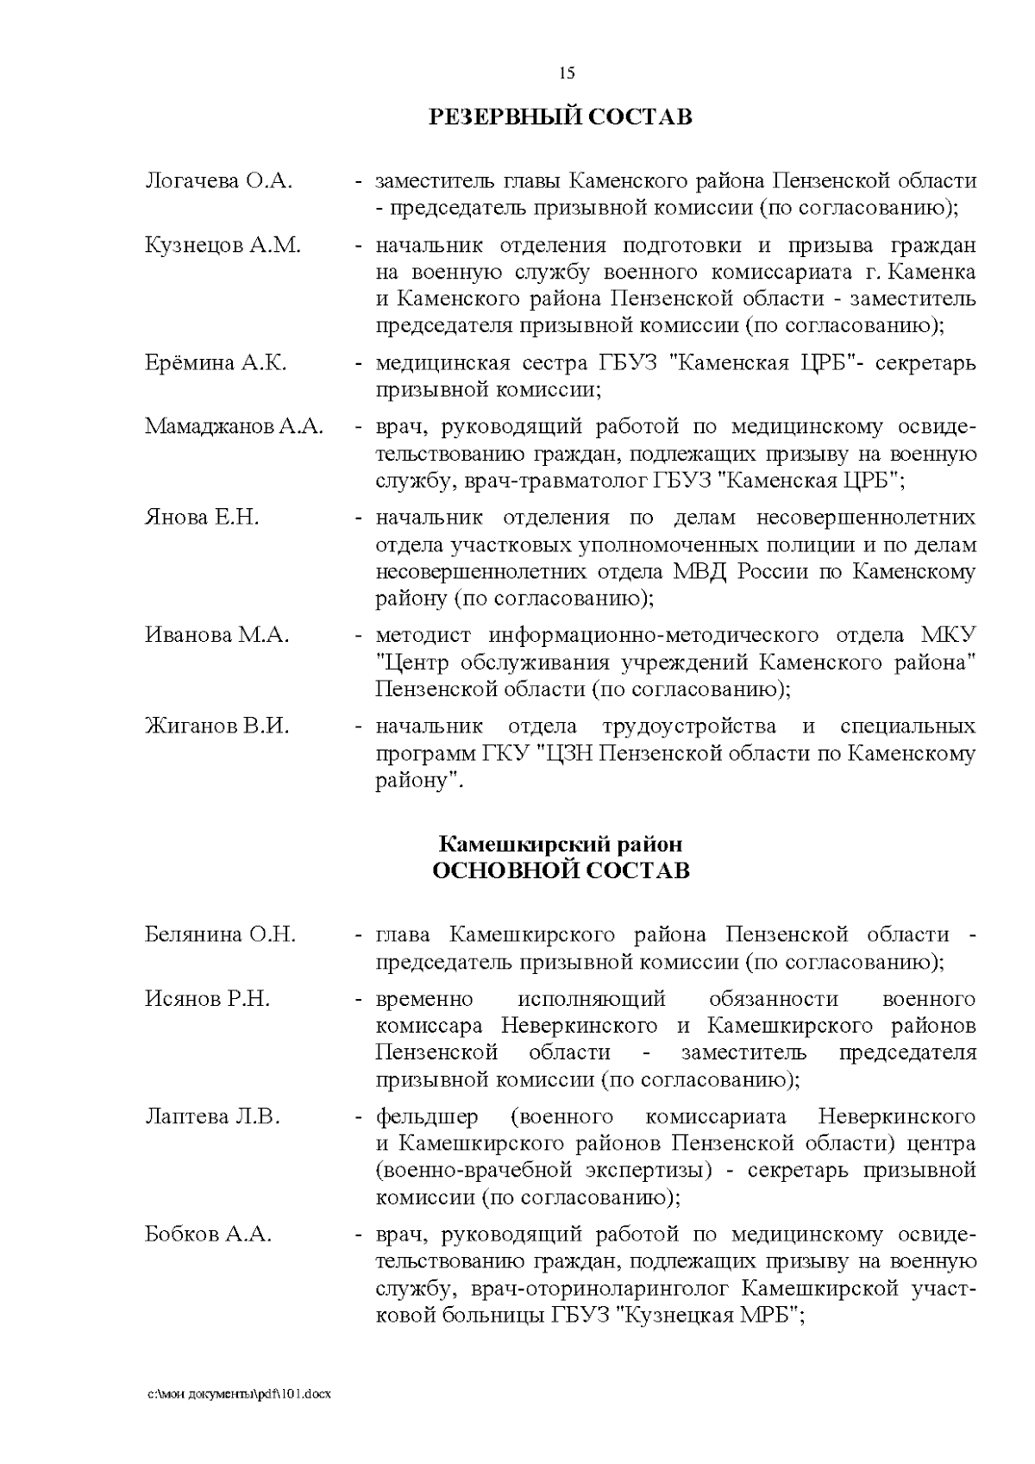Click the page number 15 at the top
click(x=567, y=73)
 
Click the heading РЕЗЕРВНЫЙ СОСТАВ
click(x=561, y=116)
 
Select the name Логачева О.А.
click(x=219, y=181)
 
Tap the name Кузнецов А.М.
click(x=223, y=245)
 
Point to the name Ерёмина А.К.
click(x=216, y=362)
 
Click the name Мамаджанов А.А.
click(x=234, y=426)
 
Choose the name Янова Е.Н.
click(x=202, y=518)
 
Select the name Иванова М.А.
click(x=216, y=635)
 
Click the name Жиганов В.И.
click(x=216, y=726)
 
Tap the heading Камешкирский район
click(x=561, y=843)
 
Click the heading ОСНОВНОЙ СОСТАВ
click(x=561, y=870)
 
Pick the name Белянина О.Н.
click(x=220, y=934)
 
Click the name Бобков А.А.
click(x=208, y=1235)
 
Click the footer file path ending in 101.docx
click(x=238, y=1394)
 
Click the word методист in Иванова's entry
click(x=423, y=636)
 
